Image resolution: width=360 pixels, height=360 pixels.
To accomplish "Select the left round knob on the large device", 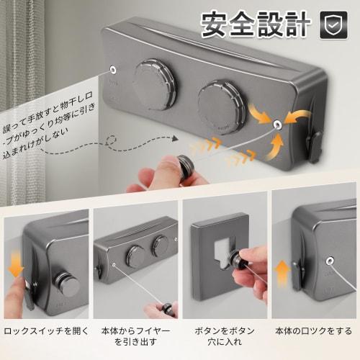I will (x=154, y=84).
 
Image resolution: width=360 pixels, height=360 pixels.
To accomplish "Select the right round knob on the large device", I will (x=221, y=107).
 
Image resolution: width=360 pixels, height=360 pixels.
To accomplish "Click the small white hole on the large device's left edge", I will (x=113, y=71).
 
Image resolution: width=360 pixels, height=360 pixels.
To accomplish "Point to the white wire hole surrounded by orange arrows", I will (x=276, y=124).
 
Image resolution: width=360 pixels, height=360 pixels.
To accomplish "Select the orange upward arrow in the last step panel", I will (x=283, y=271).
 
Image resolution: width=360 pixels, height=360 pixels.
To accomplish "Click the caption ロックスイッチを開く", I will (x=45, y=331).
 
